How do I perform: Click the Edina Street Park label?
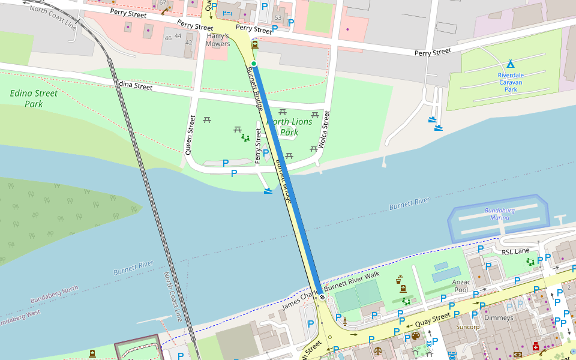(x=34, y=98)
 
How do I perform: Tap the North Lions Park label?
(x=289, y=127)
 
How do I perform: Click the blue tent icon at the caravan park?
(x=510, y=64)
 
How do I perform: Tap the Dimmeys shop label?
(x=499, y=317)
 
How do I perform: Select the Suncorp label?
(x=467, y=328)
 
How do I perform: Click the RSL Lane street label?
(x=516, y=252)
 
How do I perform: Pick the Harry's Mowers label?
(x=218, y=40)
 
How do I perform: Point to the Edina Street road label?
(x=134, y=86)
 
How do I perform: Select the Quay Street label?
(x=433, y=320)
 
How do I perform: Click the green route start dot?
(x=254, y=64)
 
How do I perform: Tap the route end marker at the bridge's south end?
(x=322, y=296)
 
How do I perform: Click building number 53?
(x=277, y=17)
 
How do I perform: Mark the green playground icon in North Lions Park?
(x=245, y=137)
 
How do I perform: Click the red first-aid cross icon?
(x=535, y=346)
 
